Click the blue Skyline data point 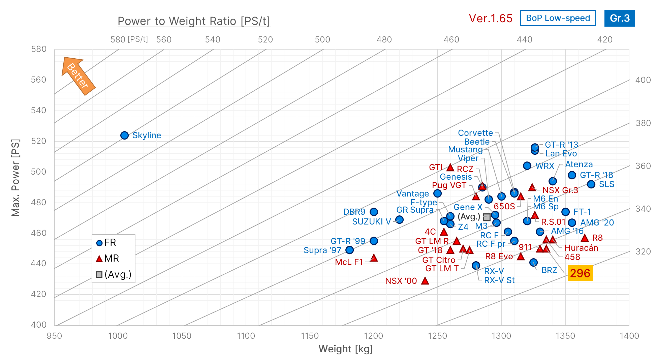124,135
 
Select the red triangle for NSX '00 425,281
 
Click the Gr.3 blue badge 619,18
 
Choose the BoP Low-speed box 558,18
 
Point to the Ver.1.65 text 490,19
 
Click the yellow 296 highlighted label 580,273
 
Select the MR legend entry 108,259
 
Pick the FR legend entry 106,243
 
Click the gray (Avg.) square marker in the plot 487,217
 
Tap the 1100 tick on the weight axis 246,336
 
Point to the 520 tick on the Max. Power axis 39,141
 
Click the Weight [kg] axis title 345,349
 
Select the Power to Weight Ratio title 194,21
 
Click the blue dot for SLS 591,184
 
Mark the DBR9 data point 374,212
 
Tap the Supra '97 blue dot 349,250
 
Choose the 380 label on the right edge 643,123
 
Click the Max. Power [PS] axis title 15,177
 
